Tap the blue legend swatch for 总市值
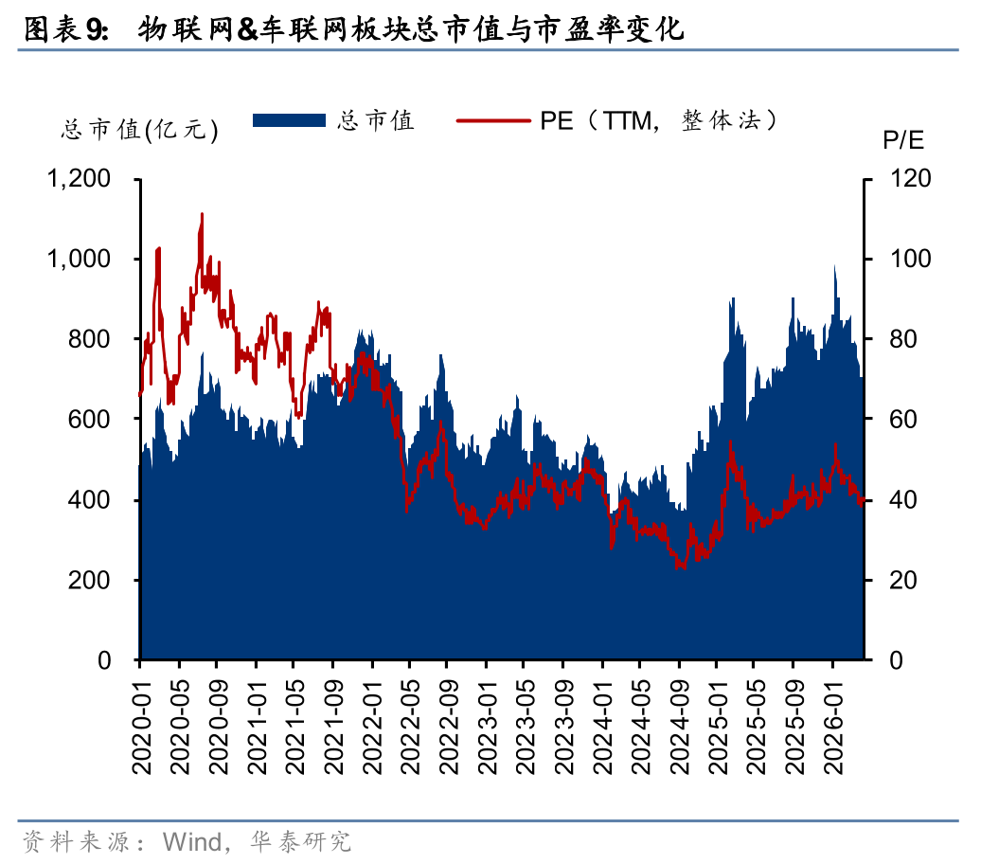click(x=289, y=120)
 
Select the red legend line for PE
click(x=492, y=120)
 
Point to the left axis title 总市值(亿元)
click(x=139, y=130)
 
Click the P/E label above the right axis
click(x=903, y=141)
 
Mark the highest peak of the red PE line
click(x=202, y=215)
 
